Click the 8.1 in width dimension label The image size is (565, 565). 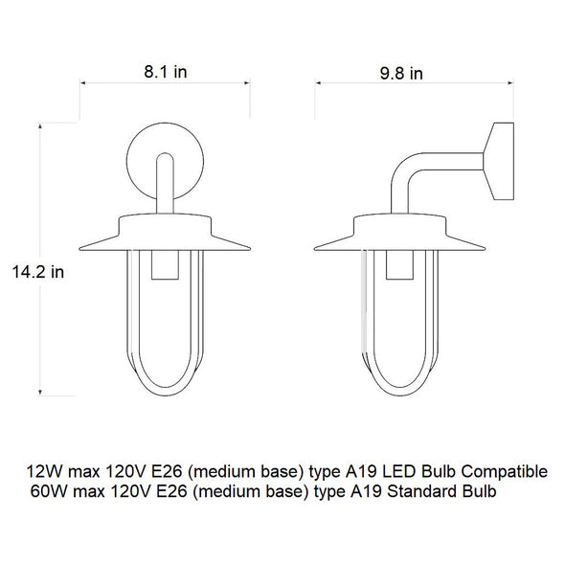pos(166,72)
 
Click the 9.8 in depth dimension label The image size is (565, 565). pos(401,74)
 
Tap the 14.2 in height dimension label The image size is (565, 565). pos(38,272)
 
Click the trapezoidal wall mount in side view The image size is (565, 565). pos(499,161)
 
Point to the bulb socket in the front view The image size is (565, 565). pos(165,264)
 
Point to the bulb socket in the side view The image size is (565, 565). pos(399,264)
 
